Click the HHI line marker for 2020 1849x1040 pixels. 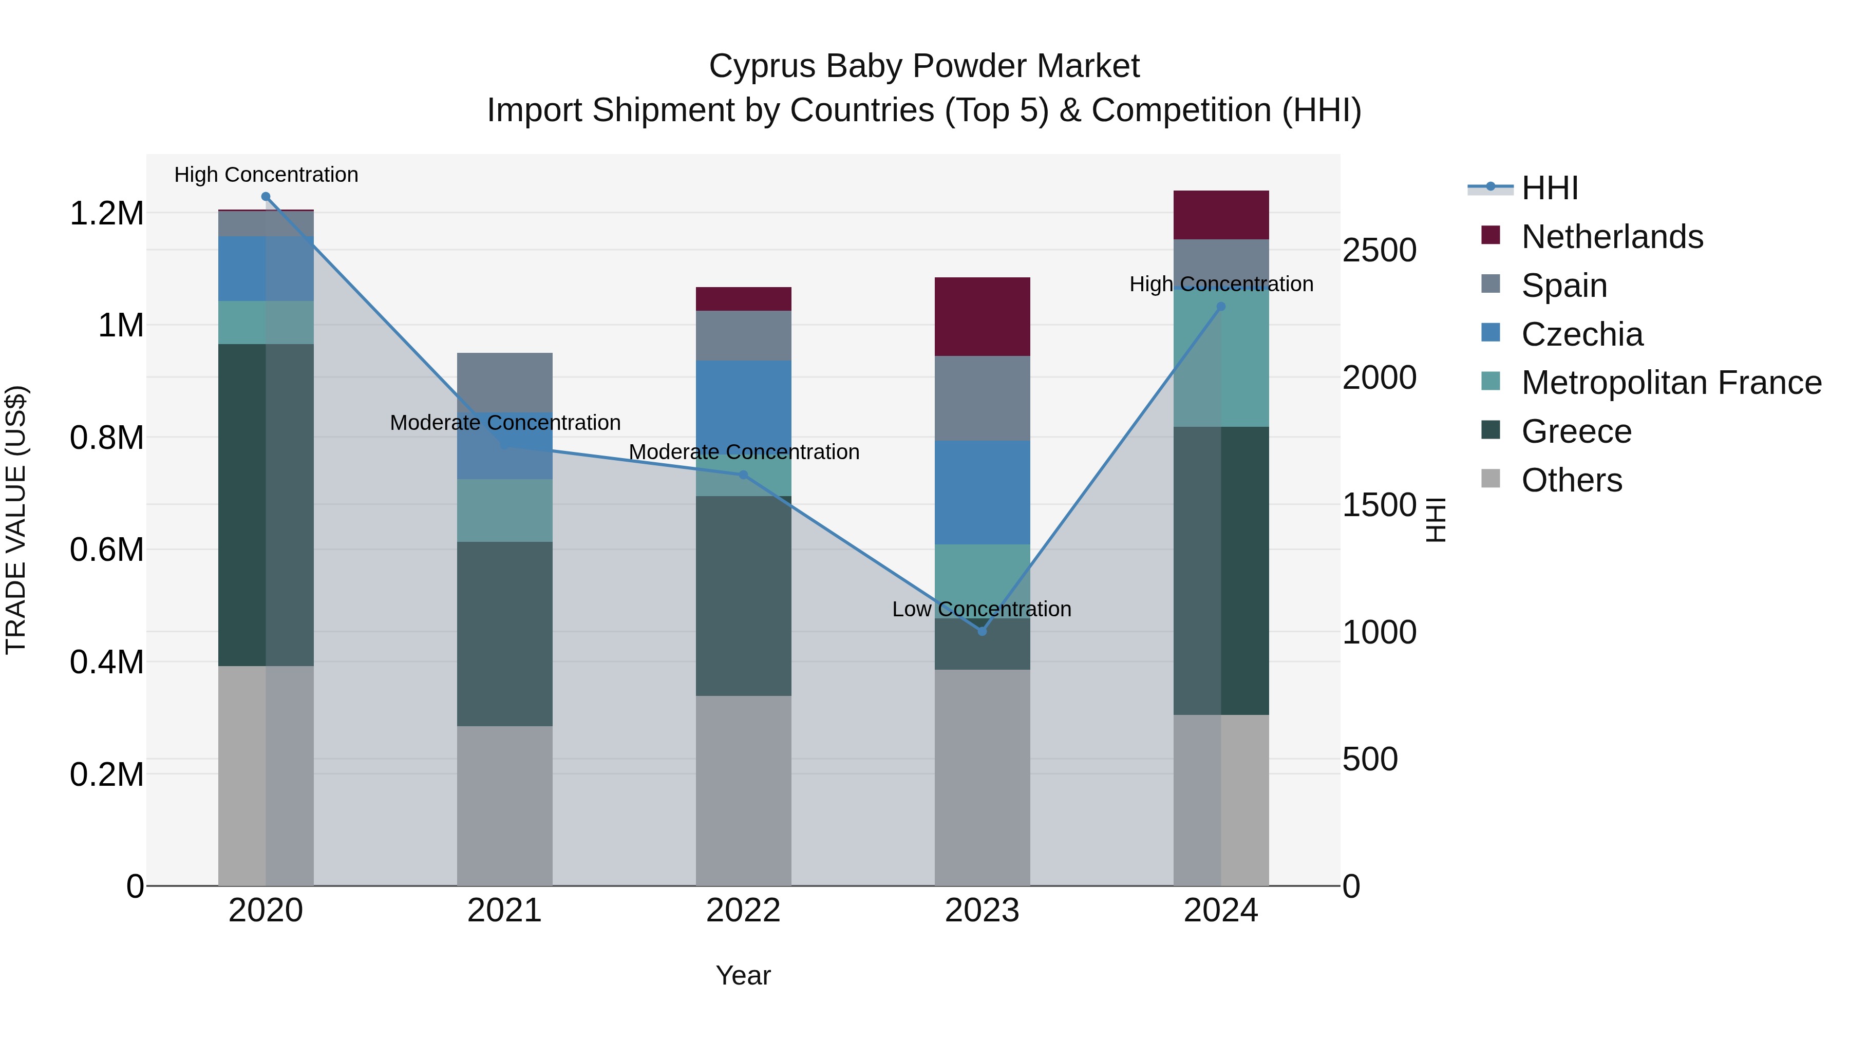coord(266,197)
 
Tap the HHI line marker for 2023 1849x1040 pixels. coord(982,631)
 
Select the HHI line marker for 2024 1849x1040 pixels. coord(1221,307)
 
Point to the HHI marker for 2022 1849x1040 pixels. coord(743,475)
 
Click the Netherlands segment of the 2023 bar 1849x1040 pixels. coord(982,316)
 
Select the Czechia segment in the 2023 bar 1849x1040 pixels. coord(982,493)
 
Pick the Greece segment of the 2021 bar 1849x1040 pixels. coord(504,634)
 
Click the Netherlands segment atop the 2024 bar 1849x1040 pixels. coord(1221,215)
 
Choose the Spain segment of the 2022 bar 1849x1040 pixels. coord(743,335)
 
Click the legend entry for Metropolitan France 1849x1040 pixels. coord(1671,383)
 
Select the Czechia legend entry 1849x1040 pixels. coord(1581,334)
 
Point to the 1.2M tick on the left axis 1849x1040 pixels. coord(106,214)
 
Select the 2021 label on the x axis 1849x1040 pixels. coord(504,911)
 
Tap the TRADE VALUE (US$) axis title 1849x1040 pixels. coord(16,520)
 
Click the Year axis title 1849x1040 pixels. coord(743,975)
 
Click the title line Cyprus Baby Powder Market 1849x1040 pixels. coord(924,66)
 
